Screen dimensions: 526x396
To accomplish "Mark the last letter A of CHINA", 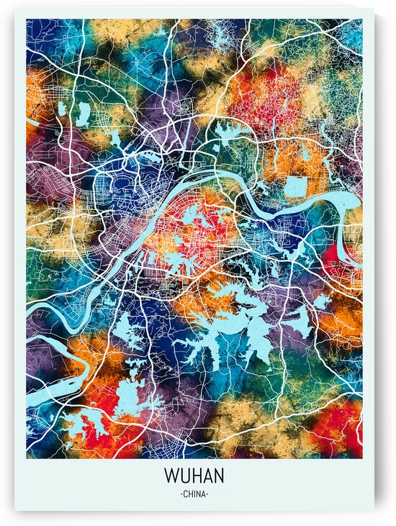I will click(207, 494).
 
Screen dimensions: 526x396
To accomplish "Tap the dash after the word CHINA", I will click(213, 494).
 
